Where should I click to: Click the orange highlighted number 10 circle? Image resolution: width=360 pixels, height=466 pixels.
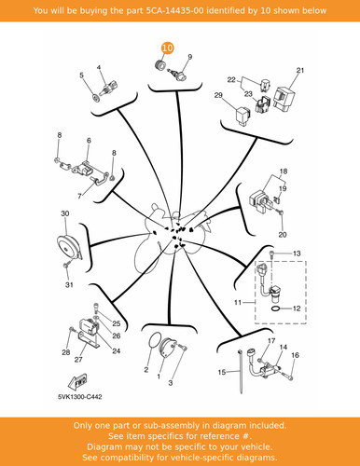pos(167,48)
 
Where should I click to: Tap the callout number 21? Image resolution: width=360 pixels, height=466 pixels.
pos(300,71)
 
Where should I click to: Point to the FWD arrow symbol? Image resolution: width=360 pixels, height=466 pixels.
pos(77,381)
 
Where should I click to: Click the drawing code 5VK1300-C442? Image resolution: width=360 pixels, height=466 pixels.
pos(80,397)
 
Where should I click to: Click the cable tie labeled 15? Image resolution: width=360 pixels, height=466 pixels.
pos(241,372)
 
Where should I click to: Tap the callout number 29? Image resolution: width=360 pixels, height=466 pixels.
pos(218,95)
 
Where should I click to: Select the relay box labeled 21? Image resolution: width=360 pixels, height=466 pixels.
pos(284,98)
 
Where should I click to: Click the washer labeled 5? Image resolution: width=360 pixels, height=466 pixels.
pos(96,98)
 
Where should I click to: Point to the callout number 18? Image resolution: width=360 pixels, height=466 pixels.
pos(284,171)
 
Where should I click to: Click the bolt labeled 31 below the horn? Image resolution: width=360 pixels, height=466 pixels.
pos(65,266)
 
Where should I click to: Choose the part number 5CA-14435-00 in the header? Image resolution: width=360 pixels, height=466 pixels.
pos(175,10)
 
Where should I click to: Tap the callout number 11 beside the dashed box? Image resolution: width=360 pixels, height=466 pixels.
pos(238,302)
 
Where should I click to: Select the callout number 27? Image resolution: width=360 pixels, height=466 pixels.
pos(78,359)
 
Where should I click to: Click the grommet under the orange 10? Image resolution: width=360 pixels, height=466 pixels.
pos(160,66)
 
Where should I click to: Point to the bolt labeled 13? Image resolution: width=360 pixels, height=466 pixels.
pos(272,254)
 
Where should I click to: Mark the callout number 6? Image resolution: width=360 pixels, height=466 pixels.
pos(89,141)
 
